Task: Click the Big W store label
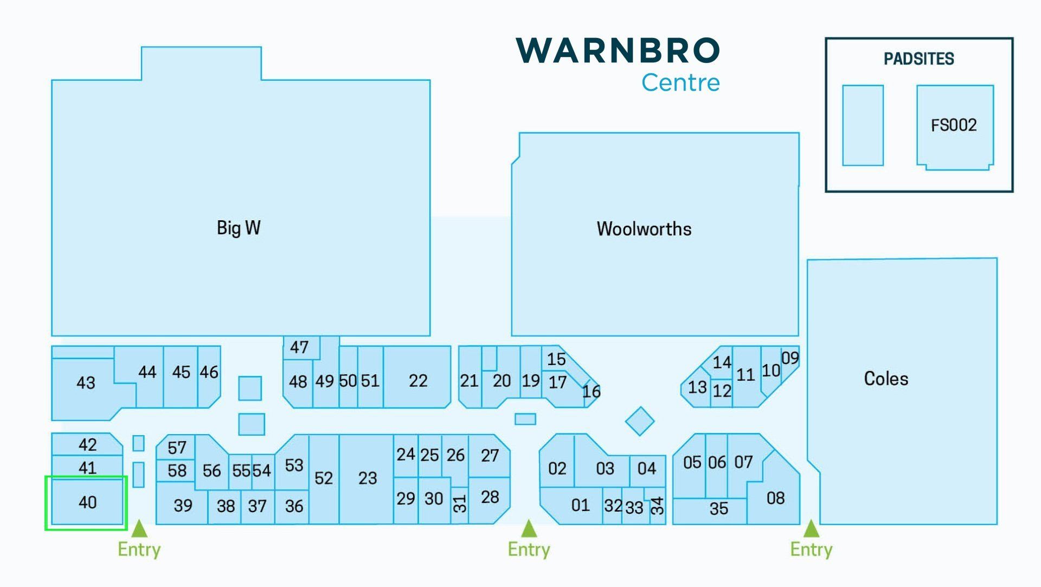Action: point(239,228)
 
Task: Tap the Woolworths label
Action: point(644,229)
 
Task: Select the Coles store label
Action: point(886,379)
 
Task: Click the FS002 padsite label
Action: point(954,125)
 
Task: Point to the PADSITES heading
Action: point(919,59)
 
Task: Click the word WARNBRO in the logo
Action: point(618,50)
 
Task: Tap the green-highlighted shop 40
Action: point(87,502)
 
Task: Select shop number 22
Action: point(418,381)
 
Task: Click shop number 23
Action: point(368,478)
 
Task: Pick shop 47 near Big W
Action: point(299,347)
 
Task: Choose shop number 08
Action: point(776,498)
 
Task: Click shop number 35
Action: point(719,509)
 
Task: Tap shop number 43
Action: point(86,383)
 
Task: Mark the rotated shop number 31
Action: point(460,504)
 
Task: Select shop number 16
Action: point(592,392)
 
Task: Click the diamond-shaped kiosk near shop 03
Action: point(640,422)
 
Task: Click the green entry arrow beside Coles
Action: point(811,528)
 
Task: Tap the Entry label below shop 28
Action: point(529,550)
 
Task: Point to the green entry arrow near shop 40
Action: point(139,528)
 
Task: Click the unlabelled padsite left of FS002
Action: point(863,125)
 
